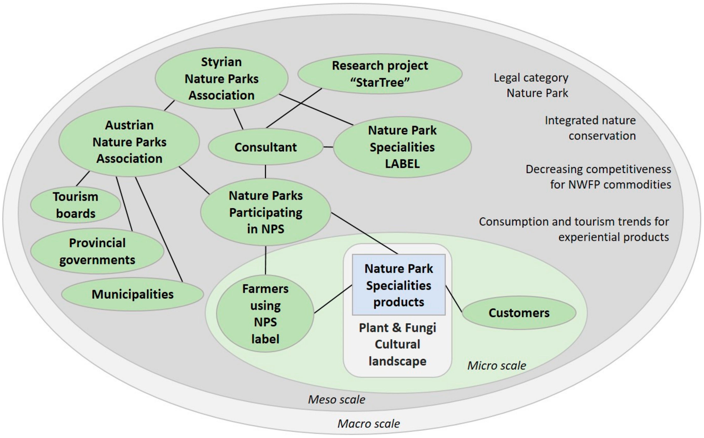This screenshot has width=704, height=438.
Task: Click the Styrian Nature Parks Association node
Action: click(x=221, y=78)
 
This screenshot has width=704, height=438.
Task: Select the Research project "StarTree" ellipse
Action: click(x=380, y=74)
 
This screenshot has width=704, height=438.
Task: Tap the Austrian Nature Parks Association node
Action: click(x=129, y=142)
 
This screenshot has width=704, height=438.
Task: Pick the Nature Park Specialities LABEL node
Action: click(x=402, y=147)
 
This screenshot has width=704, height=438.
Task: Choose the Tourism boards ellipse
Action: click(x=76, y=205)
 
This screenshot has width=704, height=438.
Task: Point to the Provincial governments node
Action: click(x=97, y=251)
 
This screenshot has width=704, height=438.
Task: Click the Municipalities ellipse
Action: click(x=133, y=294)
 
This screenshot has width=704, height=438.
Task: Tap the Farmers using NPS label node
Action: click(x=265, y=314)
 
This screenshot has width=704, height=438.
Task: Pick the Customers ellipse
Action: click(x=519, y=313)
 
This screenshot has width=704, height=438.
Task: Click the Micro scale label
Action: click(x=497, y=366)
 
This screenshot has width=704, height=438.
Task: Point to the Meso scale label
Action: click(x=336, y=399)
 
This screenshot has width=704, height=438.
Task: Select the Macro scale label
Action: click(x=368, y=424)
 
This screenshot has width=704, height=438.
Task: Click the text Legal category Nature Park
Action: click(x=531, y=85)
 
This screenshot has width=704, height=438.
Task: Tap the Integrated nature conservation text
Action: click(x=590, y=128)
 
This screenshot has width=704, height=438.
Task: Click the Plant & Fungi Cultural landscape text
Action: click(x=398, y=344)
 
